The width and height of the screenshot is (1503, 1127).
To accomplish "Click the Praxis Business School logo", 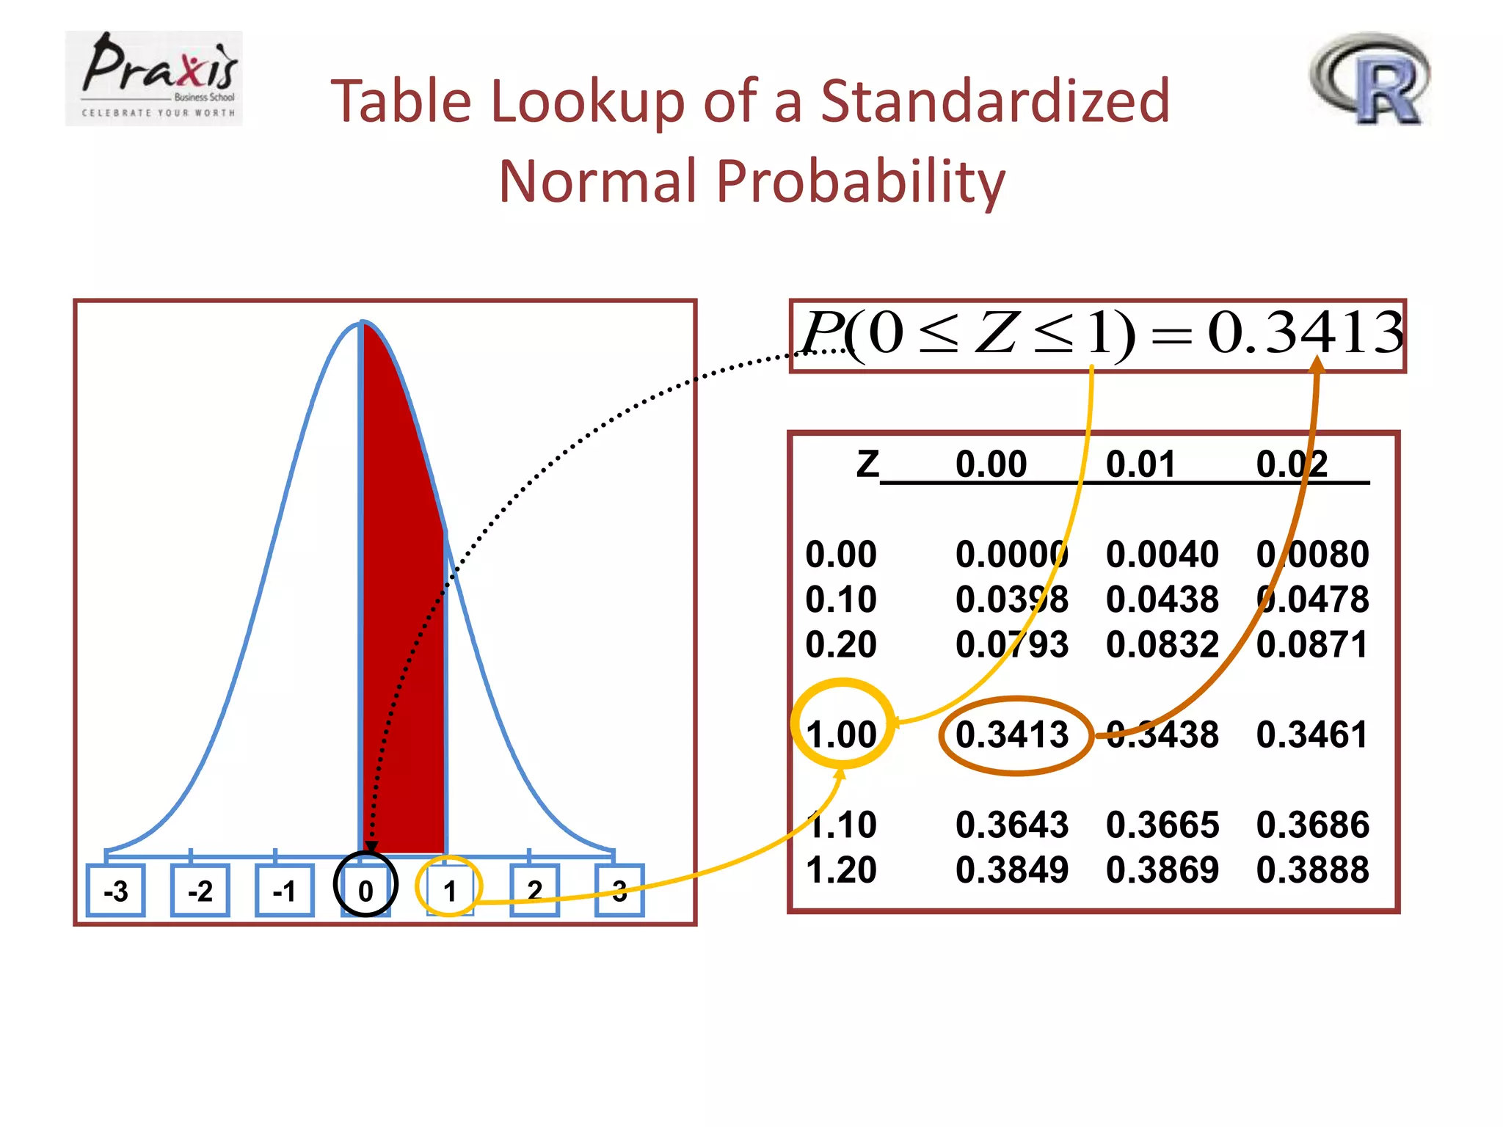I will [153, 78].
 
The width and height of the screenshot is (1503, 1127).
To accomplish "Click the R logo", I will [1370, 79].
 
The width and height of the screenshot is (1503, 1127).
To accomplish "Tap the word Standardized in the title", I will [994, 101].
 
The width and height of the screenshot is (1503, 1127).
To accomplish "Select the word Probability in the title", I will [860, 181].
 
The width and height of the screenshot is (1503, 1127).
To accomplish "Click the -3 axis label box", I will [116, 891].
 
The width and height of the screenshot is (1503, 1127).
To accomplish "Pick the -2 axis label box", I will [200, 891].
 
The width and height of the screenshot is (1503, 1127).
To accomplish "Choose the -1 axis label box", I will [285, 891].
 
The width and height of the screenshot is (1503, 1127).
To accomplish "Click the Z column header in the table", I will [867, 464].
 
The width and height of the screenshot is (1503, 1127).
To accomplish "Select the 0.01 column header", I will [1140, 464].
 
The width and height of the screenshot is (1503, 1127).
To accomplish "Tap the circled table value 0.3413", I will [1012, 734].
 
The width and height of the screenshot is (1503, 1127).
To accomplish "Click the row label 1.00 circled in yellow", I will [841, 734].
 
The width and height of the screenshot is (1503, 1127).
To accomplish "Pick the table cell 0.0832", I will [1162, 644].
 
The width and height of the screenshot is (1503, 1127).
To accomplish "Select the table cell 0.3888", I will [1312, 869].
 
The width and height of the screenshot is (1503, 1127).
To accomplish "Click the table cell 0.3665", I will [1162, 825].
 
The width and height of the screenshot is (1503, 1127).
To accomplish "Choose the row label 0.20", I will [841, 644].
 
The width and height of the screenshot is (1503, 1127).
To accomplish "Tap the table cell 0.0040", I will [1162, 554].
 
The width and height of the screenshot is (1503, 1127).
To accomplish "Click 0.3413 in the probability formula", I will [1305, 332].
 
